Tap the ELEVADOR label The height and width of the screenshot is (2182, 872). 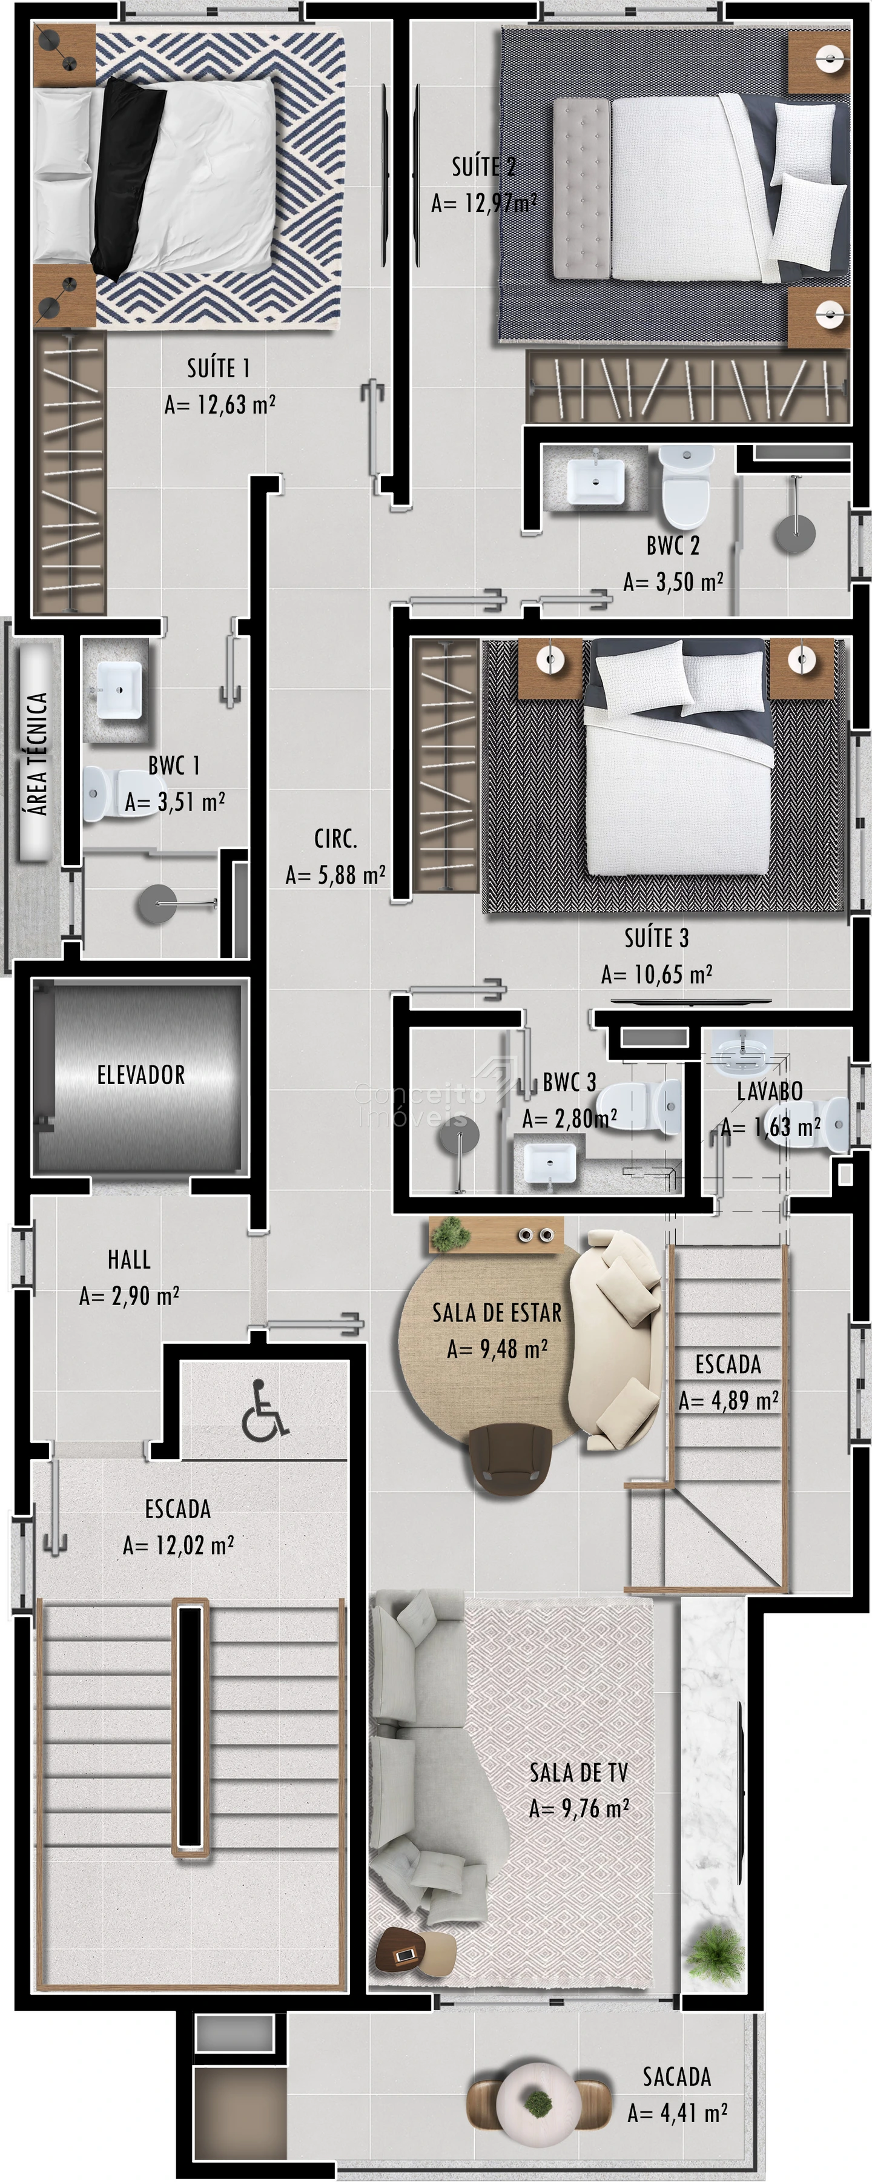140,1075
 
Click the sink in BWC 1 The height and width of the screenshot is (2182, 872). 119,690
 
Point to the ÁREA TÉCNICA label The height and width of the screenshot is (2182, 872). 36,754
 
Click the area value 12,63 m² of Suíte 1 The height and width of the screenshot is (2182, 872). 220,405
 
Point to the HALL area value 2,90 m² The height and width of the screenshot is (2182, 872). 130,1296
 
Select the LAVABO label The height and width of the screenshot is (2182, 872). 770,1091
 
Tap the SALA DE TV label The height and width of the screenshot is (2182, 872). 579,1773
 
